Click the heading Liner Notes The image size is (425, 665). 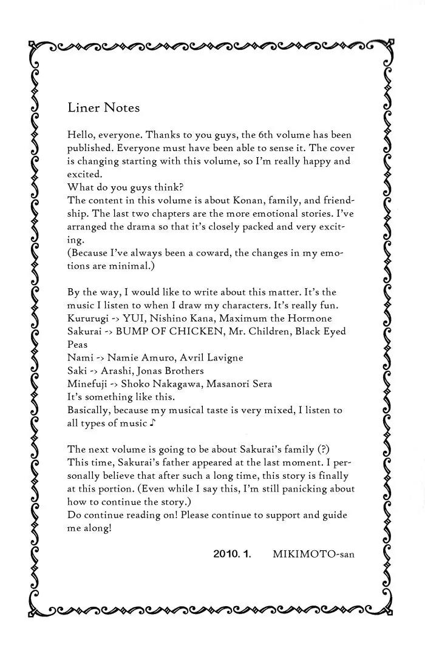[x=104, y=108]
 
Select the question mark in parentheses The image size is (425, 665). [x=324, y=449]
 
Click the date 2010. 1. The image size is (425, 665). [x=233, y=554]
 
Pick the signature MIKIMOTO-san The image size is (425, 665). [x=313, y=554]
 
